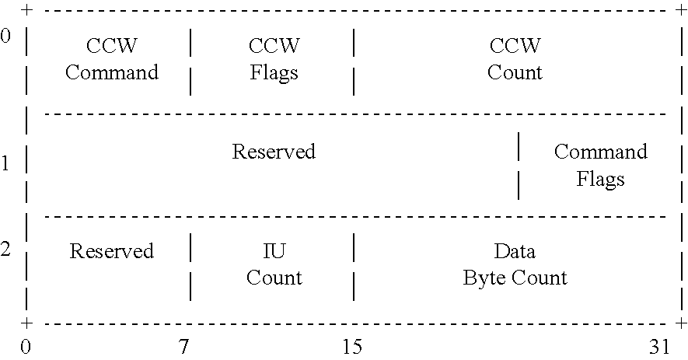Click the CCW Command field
(111, 59)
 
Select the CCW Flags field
(274, 59)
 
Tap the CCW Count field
(515, 59)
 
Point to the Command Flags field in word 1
(600, 165)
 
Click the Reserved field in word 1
(274, 151)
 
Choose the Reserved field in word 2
(111, 251)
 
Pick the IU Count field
(274, 264)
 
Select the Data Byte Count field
(515, 264)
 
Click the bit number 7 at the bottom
(184, 347)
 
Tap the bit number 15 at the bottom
(352, 347)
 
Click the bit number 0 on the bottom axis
(26, 347)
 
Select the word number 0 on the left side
(6, 37)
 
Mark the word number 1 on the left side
(6, 163)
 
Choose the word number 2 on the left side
(6, 250)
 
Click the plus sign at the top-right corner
(682, 11)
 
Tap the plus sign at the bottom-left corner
(27, 323)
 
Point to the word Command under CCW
(111, 72)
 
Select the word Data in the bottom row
(515, 251)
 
